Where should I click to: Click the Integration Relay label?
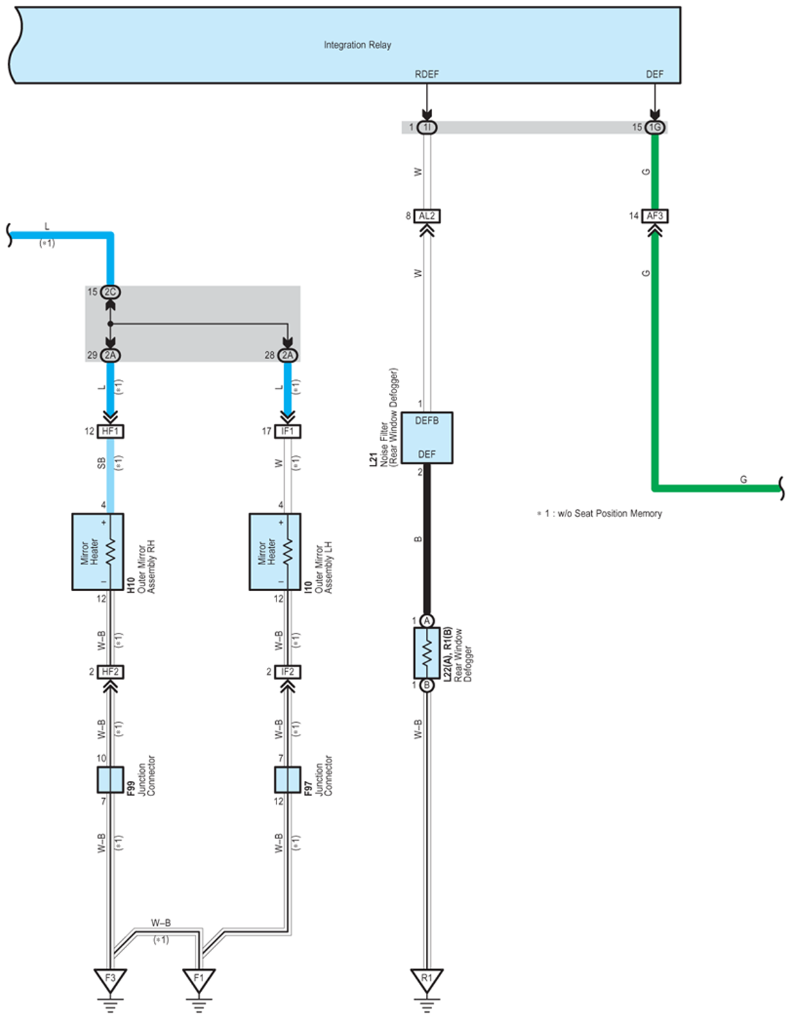point(357,45)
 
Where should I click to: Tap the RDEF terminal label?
point(426,74)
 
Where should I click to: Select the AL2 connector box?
point(426,216)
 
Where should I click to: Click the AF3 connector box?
point(654,216)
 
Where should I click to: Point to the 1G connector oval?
point(654,128)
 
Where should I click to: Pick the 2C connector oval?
point(110,292)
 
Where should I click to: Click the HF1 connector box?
point(110,432)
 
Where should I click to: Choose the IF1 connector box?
point(288,432)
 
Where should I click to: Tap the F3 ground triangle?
point(110,979)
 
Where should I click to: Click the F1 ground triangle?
point(199,979)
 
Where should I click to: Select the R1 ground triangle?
point(426,979)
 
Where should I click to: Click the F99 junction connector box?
point(110,780)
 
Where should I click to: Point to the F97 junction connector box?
point(288,780)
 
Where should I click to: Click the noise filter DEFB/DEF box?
point(426,437)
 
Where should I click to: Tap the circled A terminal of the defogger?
point(426,621)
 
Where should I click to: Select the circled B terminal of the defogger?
point(426,685)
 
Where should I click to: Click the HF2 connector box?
point(110,672)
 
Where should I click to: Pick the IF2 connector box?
point(288,672)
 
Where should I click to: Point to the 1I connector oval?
point(426,128)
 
